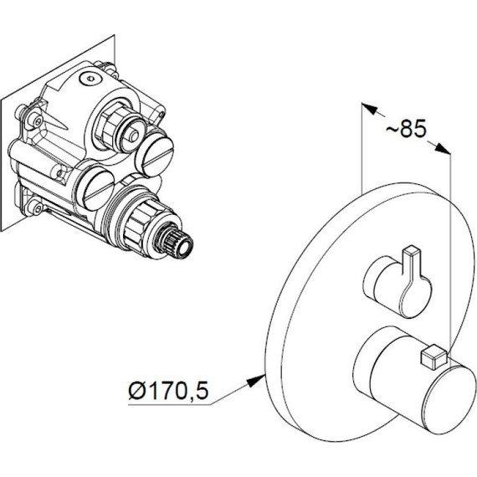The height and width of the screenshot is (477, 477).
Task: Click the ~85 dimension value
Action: [x=407, y=128]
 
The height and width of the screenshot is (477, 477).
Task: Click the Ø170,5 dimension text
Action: [x=168, y=391]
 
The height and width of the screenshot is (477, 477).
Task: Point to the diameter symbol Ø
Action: [x=137, y=391]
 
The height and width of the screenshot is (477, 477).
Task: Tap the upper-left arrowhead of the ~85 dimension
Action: [x=369, y=109]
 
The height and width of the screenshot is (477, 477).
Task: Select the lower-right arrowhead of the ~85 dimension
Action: [x=443, y=148]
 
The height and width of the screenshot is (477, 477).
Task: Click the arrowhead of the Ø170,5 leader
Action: [x=256, y=381]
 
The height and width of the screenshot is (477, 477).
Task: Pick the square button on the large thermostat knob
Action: [x=433, y=356]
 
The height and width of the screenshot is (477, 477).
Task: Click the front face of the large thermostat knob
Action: [x=446, y=401]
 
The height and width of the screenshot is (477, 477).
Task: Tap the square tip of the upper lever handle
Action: [x=411, y=250]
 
